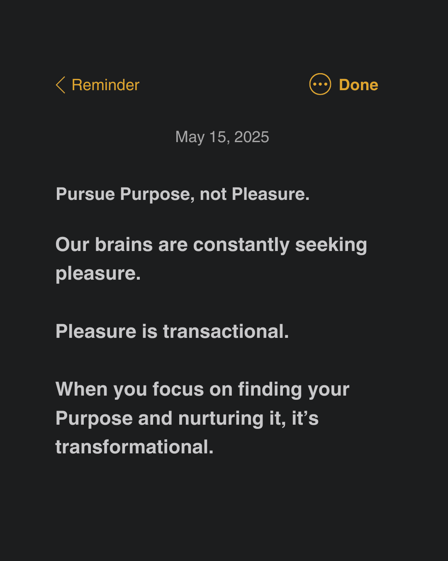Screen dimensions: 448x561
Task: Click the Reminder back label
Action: click(105, 85)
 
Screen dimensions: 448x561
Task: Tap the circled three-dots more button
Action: click(320, 84)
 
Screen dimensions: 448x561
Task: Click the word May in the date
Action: click(190, 137)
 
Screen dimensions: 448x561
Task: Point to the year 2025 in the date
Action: click(251, 137)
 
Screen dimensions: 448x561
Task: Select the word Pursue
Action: click(85, 194)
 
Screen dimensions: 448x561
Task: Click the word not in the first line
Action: click(213, 194)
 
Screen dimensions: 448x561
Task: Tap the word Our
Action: click(72, 244)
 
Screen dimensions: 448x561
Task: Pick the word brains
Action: click(124, 244)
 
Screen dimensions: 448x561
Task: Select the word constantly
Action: click(241, 245)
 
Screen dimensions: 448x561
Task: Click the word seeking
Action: click(331, 245)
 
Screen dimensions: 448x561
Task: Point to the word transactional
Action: click(226, 331)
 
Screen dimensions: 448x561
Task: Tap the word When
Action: click(81, 389)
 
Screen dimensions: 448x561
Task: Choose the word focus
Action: click(178, 389)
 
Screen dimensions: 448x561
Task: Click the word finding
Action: click(270, 390)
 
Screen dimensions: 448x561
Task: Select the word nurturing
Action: click(221, 418)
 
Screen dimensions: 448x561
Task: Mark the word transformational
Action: click(134, 447)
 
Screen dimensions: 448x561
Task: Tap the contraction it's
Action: click(305, 418)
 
